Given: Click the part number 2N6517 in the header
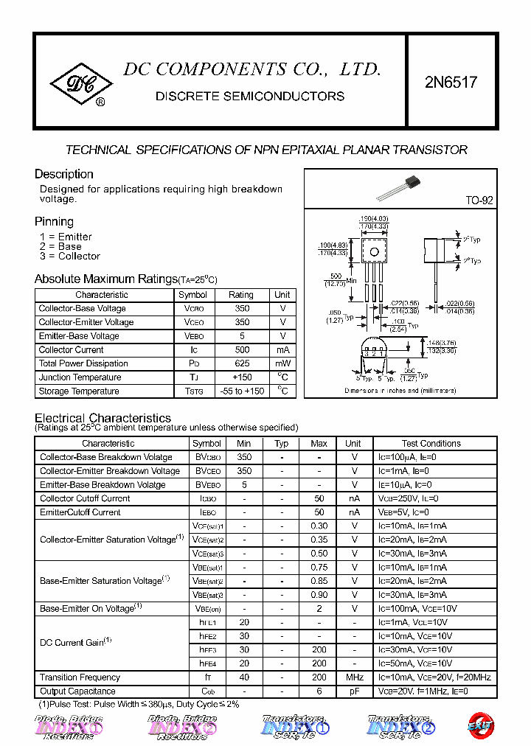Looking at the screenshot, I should [x=451, y=83].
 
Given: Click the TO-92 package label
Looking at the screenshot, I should [x=479, y=201].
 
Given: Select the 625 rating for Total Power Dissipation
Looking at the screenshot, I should [x=241, y=363].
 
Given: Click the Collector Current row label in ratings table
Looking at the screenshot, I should [x=71, y=349].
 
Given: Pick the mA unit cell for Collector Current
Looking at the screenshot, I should [x=282, y=349].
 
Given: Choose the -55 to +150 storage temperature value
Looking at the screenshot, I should [x=241, y=391].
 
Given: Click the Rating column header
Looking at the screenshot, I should [x=241, y=294].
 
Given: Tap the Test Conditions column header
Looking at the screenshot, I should [x=431, y=444].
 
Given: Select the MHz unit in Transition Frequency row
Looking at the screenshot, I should [x=354, y=677].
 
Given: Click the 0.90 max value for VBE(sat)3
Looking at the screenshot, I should [x=319, y=595].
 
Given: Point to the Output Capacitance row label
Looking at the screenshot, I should [x=77, y=691].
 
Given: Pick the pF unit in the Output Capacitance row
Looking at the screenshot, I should [x=354, y=691].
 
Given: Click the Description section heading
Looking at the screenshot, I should [x=64, y=175].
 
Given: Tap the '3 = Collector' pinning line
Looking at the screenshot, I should [x=70, y=257].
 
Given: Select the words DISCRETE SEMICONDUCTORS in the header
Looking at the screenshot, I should [x=250, y=97].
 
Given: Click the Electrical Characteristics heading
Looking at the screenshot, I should [x=103, y=418].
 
